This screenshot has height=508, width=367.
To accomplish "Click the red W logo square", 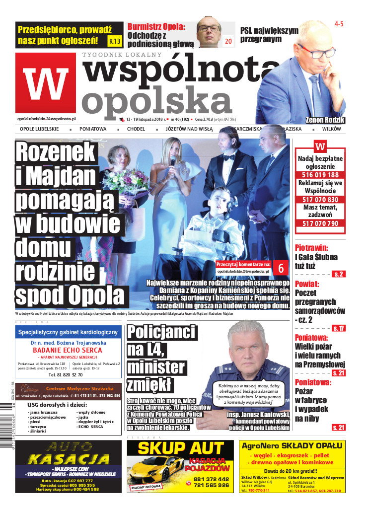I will point(45,82).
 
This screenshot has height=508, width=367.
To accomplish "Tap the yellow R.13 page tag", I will point(114,41).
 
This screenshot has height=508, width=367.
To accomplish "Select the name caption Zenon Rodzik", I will point(326,120).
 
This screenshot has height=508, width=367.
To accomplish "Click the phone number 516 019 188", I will point(320,175).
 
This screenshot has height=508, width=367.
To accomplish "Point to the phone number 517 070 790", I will point(320,223).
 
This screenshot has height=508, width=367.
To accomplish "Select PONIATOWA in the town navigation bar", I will point(92,129).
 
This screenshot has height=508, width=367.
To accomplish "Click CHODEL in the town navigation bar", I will point(136,129).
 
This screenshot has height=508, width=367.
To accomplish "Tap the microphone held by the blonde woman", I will point(173,161).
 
